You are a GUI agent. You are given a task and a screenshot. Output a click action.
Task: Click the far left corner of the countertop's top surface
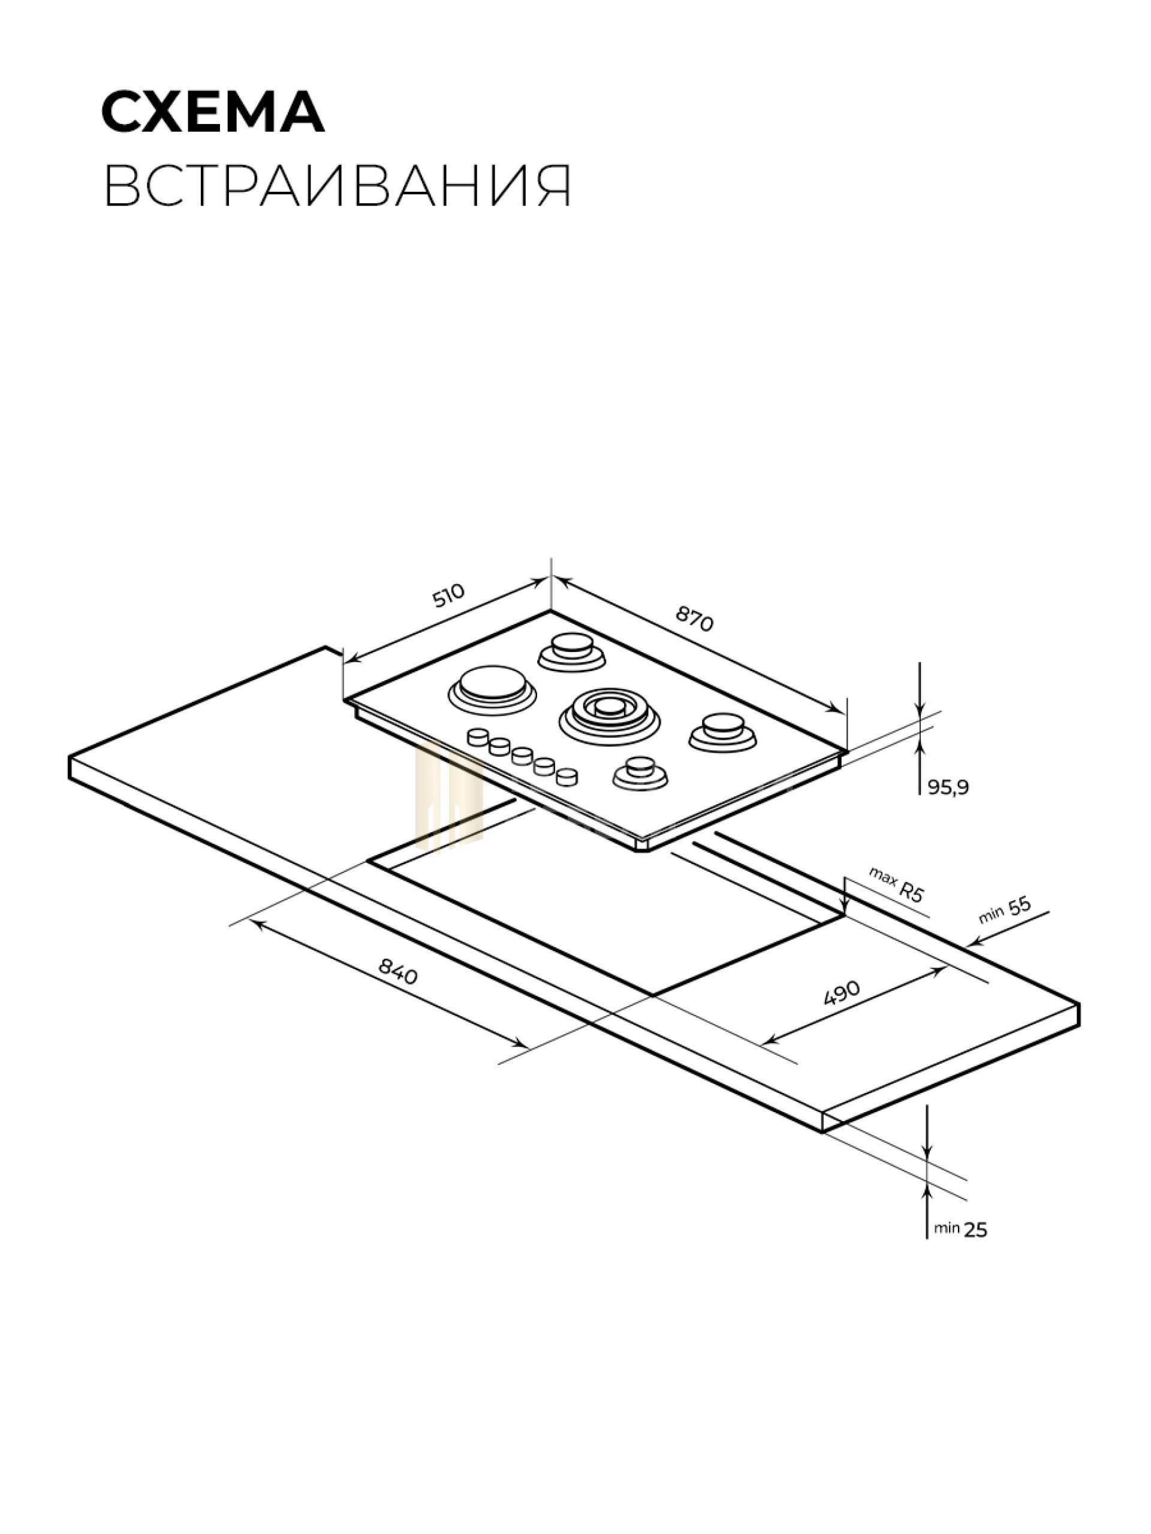[70, 757]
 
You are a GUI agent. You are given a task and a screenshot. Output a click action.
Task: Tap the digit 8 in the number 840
[385, 964]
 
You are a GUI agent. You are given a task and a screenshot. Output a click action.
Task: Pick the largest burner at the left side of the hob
[493, 689]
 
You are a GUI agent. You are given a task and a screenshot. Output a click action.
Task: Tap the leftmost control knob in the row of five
[478, 736]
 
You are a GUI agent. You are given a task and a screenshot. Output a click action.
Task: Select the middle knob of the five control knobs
[522, 755]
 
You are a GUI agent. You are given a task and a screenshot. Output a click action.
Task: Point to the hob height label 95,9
[948, 787]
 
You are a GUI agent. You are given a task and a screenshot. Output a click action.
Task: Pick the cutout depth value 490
[842, 993]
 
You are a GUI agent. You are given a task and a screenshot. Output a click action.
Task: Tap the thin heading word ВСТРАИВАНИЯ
[338, 186]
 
